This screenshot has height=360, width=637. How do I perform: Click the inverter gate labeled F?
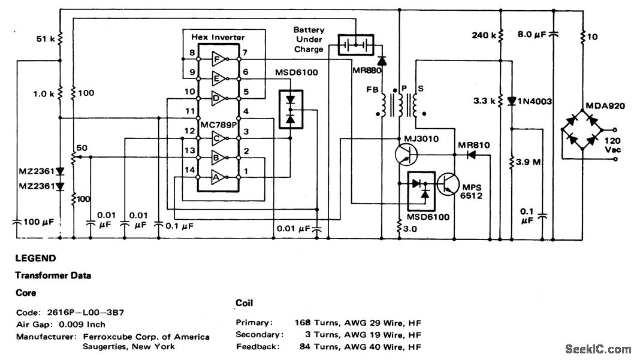coord(218,58)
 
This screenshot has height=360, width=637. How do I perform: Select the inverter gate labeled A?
coord(218,177)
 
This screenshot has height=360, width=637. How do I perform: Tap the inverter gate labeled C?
coord(218,137)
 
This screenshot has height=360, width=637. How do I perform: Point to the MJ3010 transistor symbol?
coord(407,154)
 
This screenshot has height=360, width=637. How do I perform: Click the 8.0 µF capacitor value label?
coord(532,35)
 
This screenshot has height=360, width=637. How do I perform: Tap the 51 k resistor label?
coord(45,40)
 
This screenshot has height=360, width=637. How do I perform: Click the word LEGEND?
coord(35,259)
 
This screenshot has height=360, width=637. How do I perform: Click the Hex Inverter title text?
coord(218,37)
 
